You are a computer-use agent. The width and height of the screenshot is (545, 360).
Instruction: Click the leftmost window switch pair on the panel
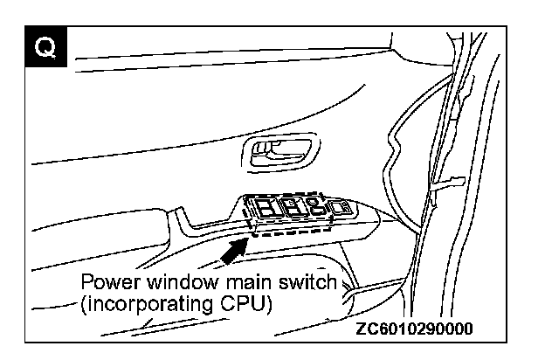click(266, 208)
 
